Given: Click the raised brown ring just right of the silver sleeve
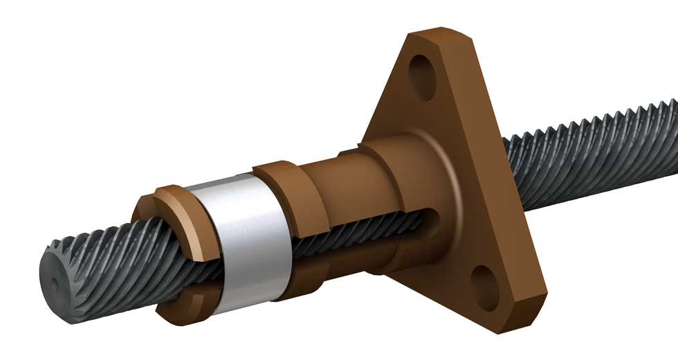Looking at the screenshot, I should point(291,201).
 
